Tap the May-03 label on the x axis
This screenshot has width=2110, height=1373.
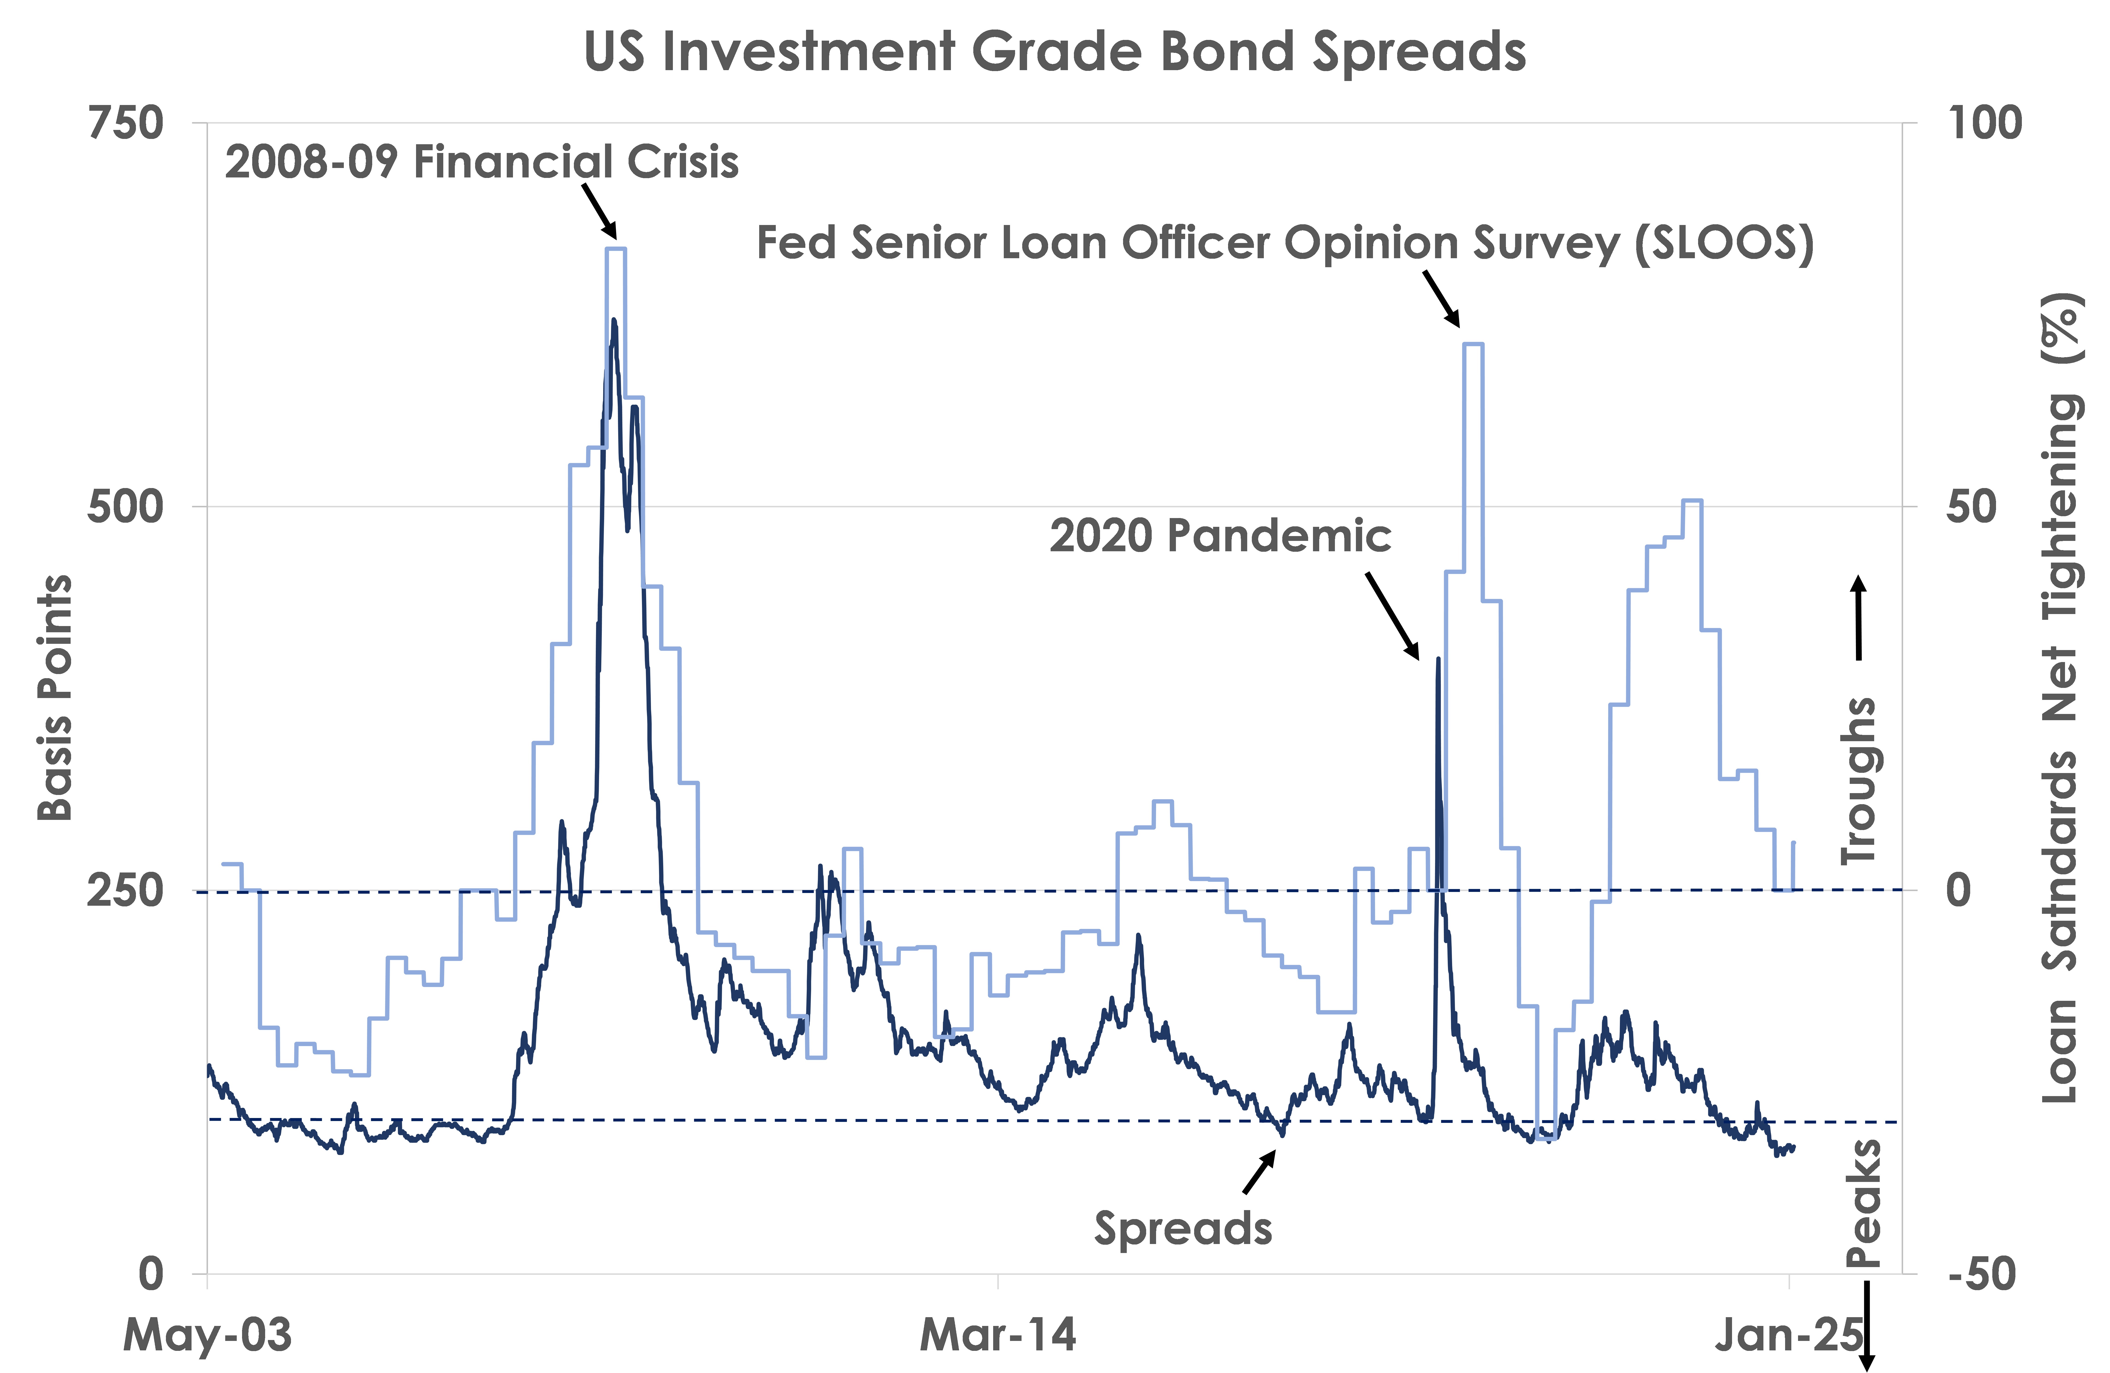click(207, 1334)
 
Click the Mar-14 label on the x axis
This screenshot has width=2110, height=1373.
click(998, 1334)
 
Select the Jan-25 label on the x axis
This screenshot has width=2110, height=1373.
click(1789, 1334)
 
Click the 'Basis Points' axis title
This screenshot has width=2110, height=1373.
click(55, 698)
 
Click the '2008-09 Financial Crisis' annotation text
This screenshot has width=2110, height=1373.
click(481, 162)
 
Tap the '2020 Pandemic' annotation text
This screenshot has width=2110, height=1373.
click(1220, 536)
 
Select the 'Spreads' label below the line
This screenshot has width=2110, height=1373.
click(1183, 1229)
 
